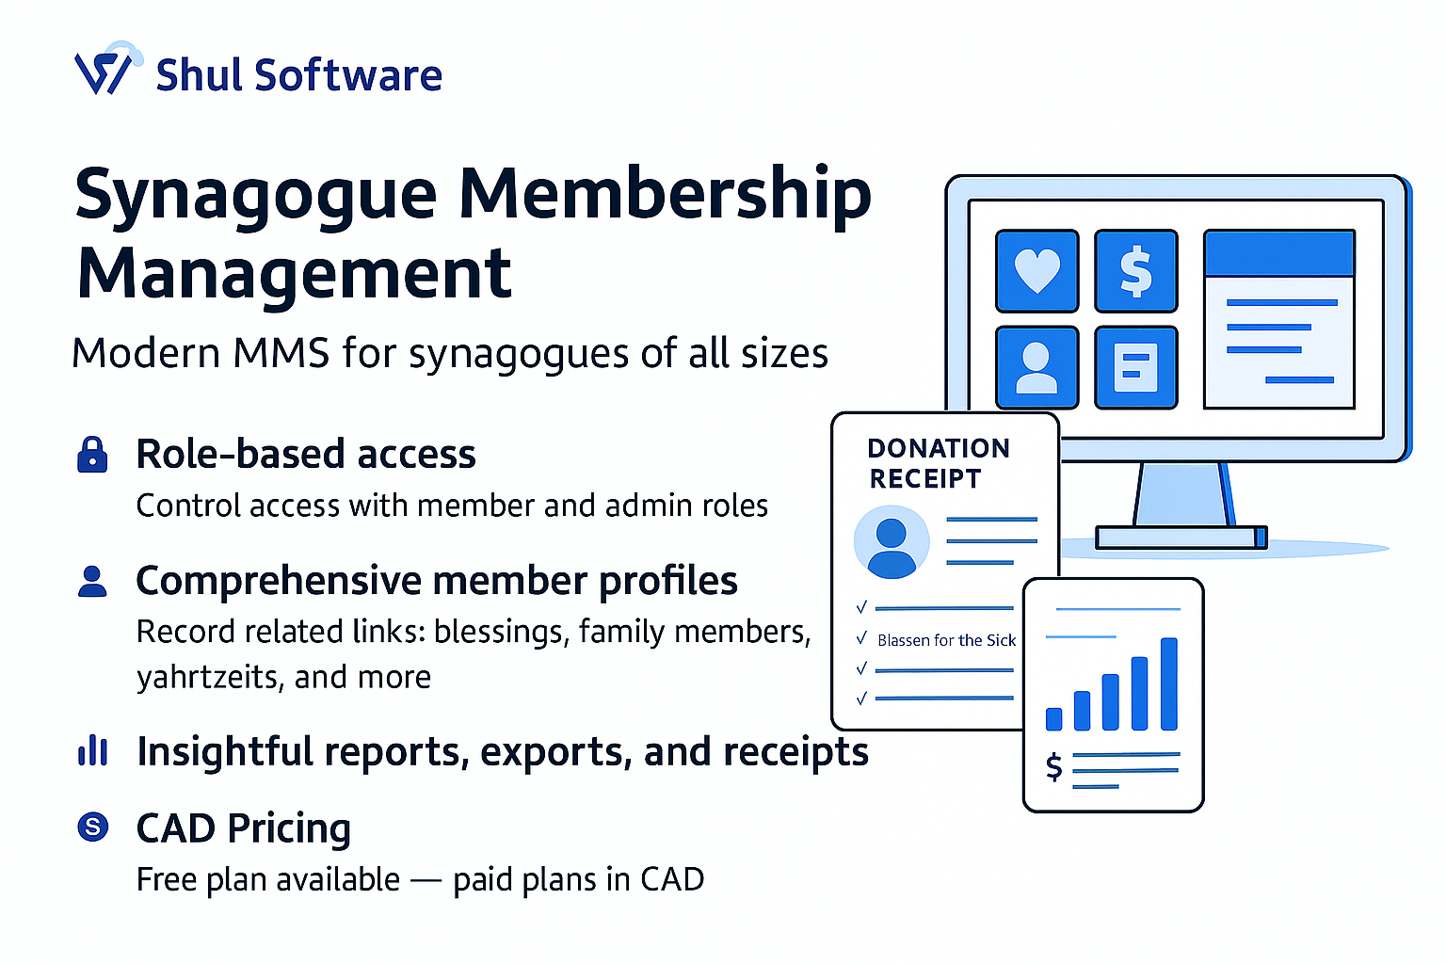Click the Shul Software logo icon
105,71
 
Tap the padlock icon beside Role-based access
92,454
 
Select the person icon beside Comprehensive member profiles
92,581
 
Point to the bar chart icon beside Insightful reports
92,751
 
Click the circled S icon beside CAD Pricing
92,827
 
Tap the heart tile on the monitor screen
1036,271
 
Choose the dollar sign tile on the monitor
1135,271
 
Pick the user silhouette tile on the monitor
1036,367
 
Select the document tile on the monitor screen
1135,367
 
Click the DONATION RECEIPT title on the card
938,463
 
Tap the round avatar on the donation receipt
891,542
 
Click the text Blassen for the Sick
946,640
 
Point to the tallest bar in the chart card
1169,683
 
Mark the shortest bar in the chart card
1054,719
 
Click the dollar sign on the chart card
1054,767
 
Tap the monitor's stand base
1181,538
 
